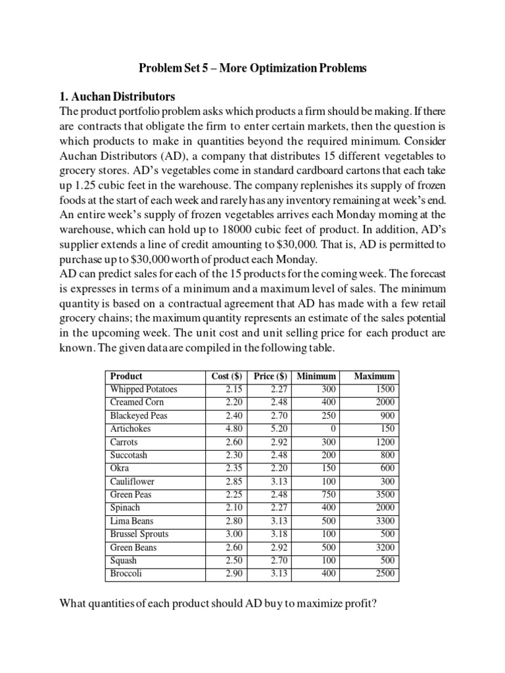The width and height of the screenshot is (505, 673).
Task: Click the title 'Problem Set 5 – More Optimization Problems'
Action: click(252, 68)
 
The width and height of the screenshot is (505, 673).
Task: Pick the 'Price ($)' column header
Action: click(270, 376)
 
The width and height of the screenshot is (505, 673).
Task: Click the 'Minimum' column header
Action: click(316, 376)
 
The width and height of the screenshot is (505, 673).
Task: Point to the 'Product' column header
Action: click(126, 376)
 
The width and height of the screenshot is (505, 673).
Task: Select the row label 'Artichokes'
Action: click(130, 429)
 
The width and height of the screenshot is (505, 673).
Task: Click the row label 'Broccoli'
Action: click(126, 573)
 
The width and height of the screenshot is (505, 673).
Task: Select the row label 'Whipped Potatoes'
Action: click(143, 389)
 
